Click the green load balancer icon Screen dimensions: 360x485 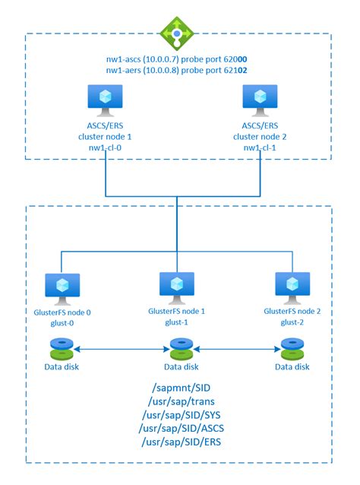pos(177,33)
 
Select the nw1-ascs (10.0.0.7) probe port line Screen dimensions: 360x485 pos(177,59)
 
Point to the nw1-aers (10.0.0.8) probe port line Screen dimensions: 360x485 pos(177,70)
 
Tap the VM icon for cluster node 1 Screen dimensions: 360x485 pos(105,100)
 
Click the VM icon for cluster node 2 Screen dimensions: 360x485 pos(260,100)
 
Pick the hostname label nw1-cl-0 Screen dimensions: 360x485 pos(105,147)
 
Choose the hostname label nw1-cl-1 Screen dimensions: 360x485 pos(260,147)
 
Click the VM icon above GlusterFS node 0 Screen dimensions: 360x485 pos(62,289)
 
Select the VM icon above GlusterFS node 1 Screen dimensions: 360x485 pos(177,287)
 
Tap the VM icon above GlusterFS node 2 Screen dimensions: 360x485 pos(292,287)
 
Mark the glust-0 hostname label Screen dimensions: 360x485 pos(62,323)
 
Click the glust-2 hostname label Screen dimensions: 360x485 pos(292,322)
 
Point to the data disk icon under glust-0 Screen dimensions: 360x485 pos(62,349)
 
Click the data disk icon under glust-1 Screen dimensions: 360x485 pos(182,349)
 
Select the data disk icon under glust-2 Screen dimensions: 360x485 pos(292,349)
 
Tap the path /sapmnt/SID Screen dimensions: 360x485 pos(182,388)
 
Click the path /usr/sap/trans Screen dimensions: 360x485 pos(182,401)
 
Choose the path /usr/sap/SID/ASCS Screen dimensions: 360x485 pos(182,429)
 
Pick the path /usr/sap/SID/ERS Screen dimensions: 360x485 pos(182,442)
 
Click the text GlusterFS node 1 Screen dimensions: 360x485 pos(176,311)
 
